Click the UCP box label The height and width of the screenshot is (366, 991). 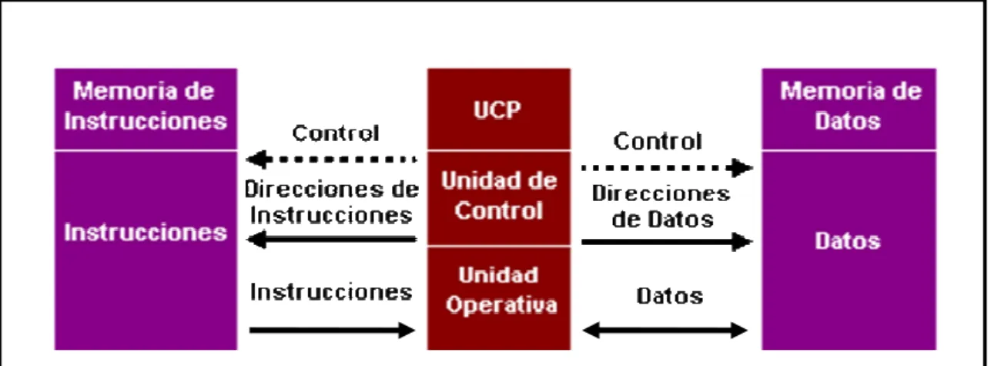point(497,110)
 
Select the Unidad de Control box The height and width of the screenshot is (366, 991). point(499,198)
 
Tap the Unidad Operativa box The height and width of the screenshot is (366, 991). point(499,298)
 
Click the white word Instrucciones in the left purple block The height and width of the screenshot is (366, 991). point(146,233)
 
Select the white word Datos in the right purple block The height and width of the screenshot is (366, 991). point(848,241)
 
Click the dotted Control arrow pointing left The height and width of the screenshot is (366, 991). point(331,159)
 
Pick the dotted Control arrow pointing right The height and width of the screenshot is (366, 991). point(667,168)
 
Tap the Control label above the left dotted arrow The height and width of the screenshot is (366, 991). point(336,133)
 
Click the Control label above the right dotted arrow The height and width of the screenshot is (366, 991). point(658,142)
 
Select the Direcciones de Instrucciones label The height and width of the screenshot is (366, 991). point(331,202)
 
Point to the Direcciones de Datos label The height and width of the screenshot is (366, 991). point(661,207)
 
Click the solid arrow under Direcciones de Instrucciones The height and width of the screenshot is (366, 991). point(331,240)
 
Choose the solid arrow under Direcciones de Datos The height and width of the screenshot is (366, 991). point(667,242)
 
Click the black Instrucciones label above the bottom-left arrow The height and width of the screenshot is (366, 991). point(331,293)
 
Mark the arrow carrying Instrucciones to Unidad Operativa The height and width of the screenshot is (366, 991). point(332,330)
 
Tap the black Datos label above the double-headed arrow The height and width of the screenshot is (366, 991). point(670,296)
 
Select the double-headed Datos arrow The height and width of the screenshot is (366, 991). point(665,330)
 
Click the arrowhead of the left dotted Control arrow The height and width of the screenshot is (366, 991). point(256,159)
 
